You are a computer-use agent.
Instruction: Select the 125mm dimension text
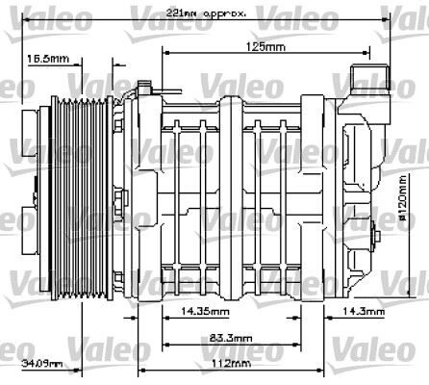tap(265, 46)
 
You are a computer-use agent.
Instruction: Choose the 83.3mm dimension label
tap(231, 339)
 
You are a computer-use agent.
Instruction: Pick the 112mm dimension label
tap(231, 363)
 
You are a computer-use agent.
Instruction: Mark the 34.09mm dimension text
tap(42, 364)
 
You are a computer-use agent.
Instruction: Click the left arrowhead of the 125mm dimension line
tap(167, 54)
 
